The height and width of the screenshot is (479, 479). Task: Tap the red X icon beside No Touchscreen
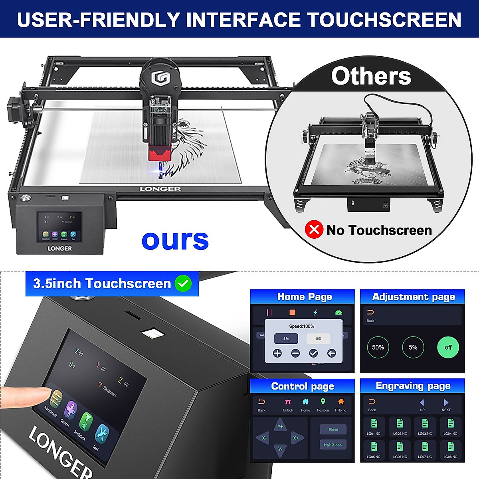(314, 230)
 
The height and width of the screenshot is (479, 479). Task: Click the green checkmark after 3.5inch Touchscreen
(184, 283)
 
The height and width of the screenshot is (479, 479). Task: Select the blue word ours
(175, 239)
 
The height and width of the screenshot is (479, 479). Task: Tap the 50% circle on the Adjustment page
(378, 347)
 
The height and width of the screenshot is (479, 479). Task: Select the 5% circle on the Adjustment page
(413, 347)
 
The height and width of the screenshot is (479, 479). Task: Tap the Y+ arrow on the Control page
(280, 426)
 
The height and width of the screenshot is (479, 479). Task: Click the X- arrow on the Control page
(263, 438)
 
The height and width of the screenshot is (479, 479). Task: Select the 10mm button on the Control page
(333, 430)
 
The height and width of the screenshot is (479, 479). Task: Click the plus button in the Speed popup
(277, 353)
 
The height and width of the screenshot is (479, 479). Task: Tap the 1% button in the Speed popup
(286, 338)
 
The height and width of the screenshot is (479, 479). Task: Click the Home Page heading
(304, 297)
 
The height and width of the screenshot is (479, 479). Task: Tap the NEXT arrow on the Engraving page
(446, 403)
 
